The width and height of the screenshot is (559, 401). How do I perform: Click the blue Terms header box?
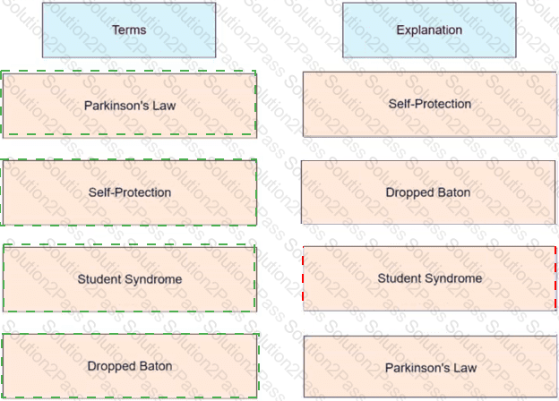point(129,30)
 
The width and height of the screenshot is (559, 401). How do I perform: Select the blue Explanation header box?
point(429,30)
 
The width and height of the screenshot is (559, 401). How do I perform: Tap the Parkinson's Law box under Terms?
point(129,106)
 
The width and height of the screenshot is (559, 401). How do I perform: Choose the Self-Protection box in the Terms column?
point(129,192)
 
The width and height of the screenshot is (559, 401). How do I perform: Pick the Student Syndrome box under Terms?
point(129,279)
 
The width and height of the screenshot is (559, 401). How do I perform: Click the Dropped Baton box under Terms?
point(129,366)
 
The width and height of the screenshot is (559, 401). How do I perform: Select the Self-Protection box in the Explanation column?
point(430,104)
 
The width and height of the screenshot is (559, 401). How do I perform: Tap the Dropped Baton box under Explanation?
point(428,192)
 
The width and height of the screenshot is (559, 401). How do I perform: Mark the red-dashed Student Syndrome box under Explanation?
point(430,278)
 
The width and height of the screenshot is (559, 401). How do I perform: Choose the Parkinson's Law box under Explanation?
point(430,368)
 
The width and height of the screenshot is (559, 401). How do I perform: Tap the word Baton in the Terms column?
point(156,366)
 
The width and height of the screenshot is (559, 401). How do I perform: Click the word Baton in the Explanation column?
point(454,192)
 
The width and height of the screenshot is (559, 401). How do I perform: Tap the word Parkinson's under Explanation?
point(418,368)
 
